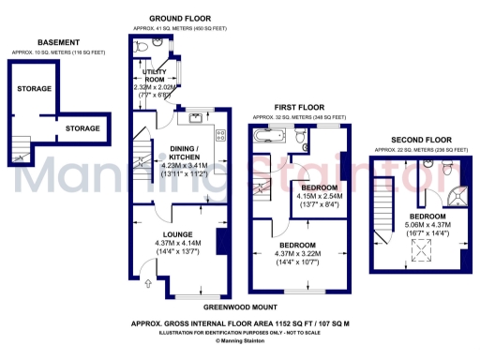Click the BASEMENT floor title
click(57, 42)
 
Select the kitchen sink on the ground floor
click(195, 117)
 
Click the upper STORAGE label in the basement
click(35, 88)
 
